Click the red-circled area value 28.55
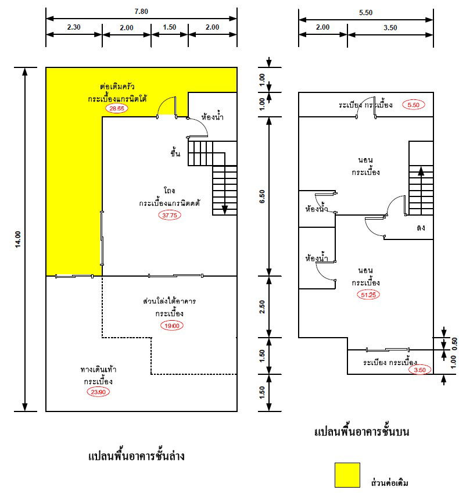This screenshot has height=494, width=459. pyautogui.click(x=114, y=109)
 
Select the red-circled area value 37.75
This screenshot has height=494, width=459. pyautogui.click(x=169, y=215)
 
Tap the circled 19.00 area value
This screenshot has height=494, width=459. pyautogui.click(x=172, y=325)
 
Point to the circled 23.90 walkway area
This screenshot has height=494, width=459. pyautogui.click(x=97, y=392)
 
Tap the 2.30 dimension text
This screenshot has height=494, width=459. pyautogui.click(x=74, y=27)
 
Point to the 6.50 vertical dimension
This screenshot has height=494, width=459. pyautogui.click(x=262, y=196)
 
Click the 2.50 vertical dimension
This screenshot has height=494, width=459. pyautogui.click(x=262, y=307)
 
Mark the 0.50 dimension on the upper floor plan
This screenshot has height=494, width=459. pyautogui.click(x=454, y=342)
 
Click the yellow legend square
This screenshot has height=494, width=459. pyautogui.click(x=347, y=475)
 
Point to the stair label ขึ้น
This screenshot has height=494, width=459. pyautogui.click(x=175, y=153)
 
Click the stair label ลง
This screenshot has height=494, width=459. pyautogui.click(x=420, y=227)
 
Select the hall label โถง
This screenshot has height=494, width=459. pyautogui.click(x=170, y=191)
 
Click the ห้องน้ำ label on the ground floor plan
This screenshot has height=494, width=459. pyautogui.click(x=212, y=117)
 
